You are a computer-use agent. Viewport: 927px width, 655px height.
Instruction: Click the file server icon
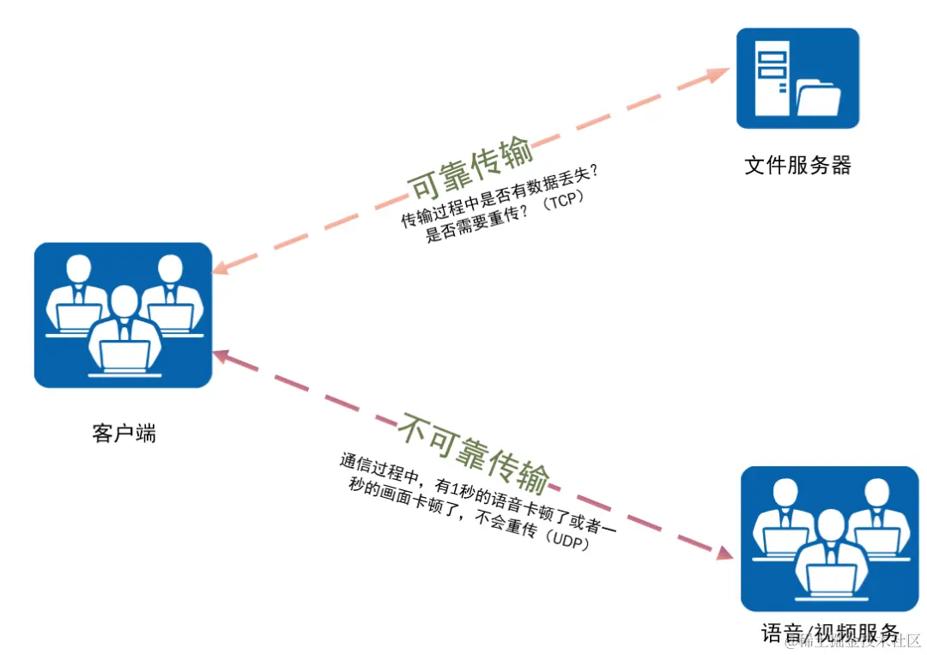click(x=797, y=78)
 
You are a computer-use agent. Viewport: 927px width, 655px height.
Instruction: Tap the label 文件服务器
click(x=797, y=166)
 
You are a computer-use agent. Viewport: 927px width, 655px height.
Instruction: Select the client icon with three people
click(x=123, y=315)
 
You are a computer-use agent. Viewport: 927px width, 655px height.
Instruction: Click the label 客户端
click(x=124, y=433)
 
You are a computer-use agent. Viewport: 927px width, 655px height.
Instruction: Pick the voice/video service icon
click(x=828, y=538)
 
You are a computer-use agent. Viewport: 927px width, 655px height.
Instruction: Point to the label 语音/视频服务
click(x=829, y=634)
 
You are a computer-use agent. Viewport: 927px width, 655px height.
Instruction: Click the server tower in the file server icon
click(x=772, y=79)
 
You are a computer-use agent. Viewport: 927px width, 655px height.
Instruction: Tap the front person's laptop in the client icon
click(x=125, y=354)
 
